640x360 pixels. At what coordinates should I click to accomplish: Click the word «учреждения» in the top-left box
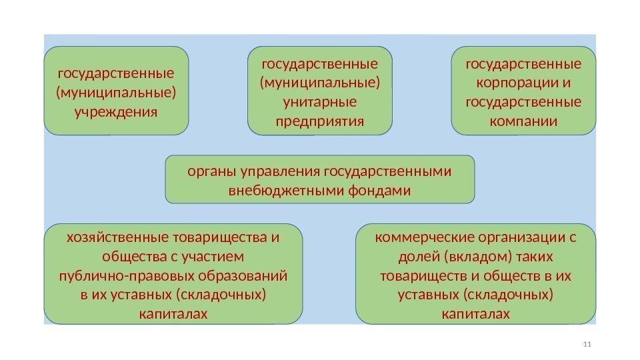pyautogui.click(x=117, y=109)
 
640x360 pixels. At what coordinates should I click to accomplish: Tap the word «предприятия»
pyautogui.click(x=320, y=121)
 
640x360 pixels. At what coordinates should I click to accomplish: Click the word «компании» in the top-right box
pyautogui.click(x=523, y=121)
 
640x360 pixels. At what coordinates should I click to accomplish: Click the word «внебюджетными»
pyautogui.click(x=286, y=191)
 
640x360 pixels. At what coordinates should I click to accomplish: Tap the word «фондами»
pyautogui.click(x=379, y=191)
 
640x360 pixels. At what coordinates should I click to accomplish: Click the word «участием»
pyautogui.click(x=214, y=257)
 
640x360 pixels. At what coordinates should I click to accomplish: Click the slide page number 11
pyautogui.click(x=587, y=344)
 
